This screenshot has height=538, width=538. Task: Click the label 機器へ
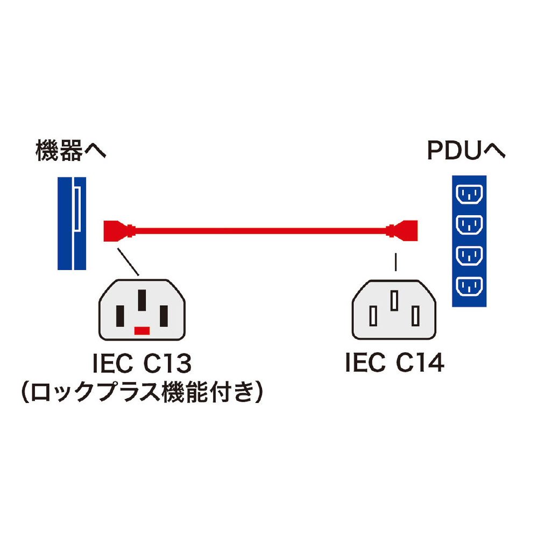point(71,151)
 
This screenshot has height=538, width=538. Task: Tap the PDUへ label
point(466,151)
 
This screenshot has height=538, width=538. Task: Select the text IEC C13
point(142,364)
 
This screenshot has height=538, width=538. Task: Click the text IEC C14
point(394,364)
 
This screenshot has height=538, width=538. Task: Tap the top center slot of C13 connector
point(142,300)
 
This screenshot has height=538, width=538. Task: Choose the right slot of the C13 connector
point(164,313)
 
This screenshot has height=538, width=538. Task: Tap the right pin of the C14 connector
point(415,316)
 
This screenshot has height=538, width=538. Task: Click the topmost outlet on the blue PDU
point(470,193)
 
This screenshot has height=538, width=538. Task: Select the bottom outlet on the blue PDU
point(470,287)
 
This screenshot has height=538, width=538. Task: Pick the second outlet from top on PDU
point(470,224)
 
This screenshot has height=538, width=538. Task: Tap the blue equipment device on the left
point(72,223)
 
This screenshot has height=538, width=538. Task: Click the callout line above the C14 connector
point(397,263)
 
